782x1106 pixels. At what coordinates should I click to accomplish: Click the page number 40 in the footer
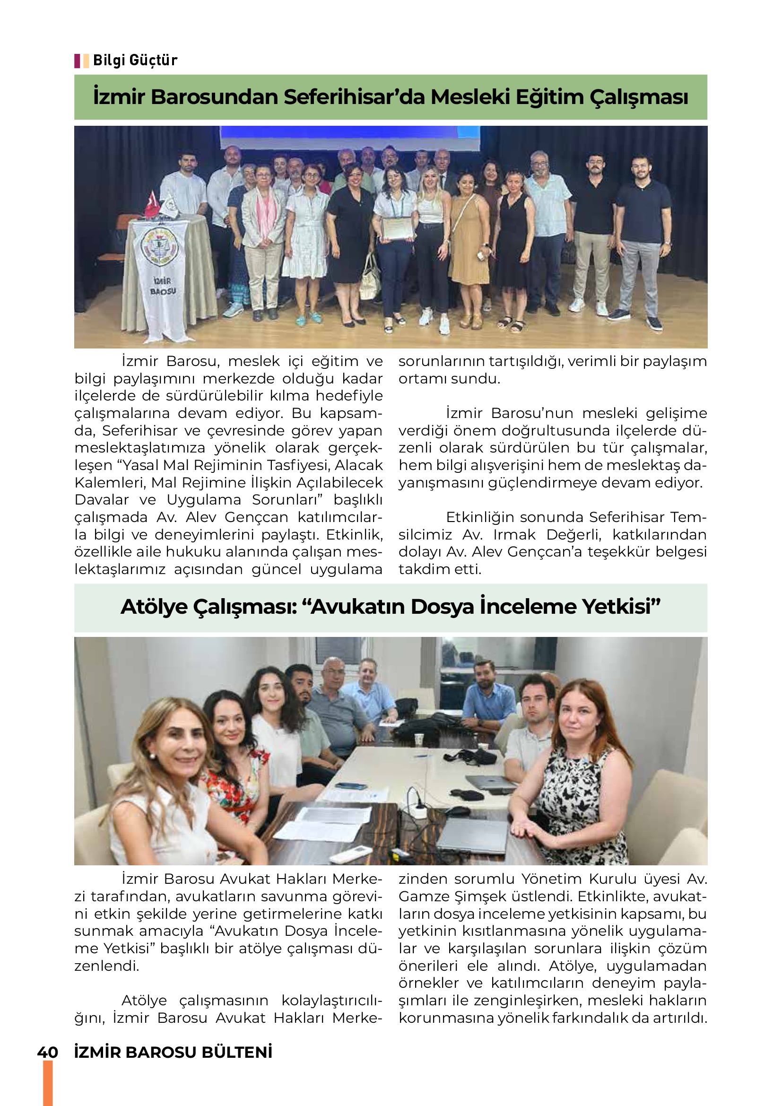point(48,1052)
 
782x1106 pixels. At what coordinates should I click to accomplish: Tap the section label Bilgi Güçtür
point(135,61)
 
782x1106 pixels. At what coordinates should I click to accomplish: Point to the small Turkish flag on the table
point(152,205)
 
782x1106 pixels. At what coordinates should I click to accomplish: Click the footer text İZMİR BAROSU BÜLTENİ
point(174,1052)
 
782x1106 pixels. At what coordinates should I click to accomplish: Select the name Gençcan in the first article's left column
point(256,517)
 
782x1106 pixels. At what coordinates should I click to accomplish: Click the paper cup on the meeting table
point(419,740)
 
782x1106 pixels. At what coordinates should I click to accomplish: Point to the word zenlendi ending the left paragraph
point(106,966)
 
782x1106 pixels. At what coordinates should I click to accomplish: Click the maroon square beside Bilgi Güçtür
point(77,61)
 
